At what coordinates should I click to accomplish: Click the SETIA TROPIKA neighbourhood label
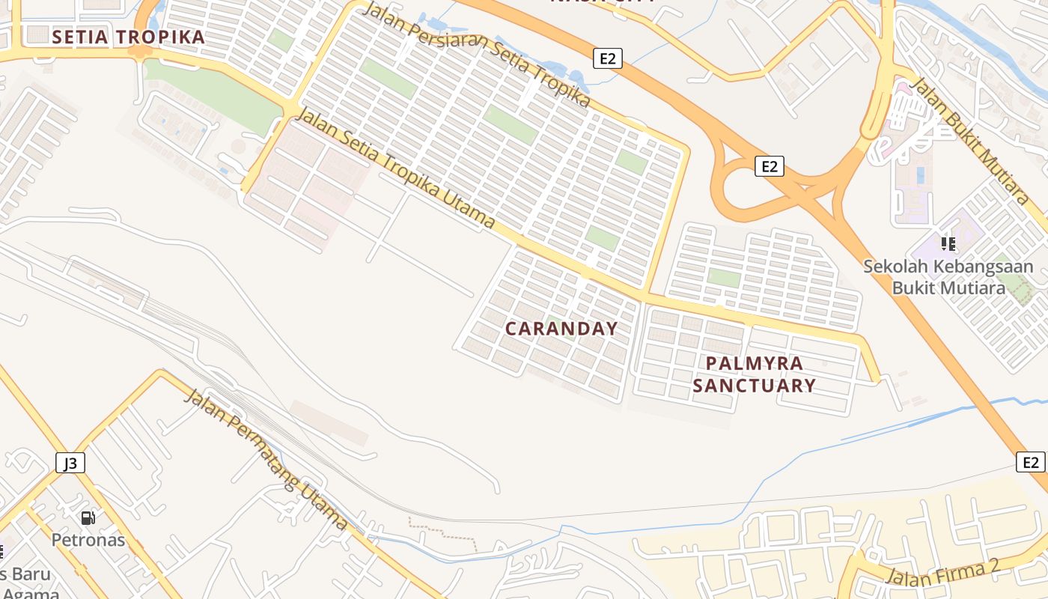128,37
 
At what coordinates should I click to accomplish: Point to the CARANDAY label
561,329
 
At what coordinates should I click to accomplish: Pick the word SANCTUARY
754,386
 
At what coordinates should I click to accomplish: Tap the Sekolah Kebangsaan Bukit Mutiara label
948,276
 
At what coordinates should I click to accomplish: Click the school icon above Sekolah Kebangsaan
948,243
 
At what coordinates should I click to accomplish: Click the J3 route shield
70,463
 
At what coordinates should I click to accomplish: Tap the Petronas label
88,539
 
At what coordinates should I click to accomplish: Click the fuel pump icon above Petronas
88,517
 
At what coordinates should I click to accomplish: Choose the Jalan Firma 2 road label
942,573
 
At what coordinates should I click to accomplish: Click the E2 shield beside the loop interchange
770,166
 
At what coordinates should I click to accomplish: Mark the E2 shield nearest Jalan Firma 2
1031,462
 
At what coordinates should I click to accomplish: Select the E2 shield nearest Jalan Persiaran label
607,58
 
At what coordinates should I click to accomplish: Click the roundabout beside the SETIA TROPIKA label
139,52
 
